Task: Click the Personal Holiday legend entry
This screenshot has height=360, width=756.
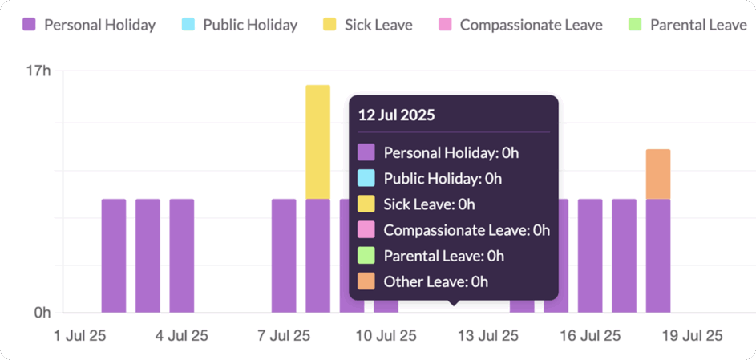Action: [x=89, y=25]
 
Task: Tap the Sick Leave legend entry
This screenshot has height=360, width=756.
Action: [x=368, y=25]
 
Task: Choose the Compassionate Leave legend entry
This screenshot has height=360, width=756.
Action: [x=520, y=25]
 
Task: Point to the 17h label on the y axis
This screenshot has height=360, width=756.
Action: [x=38, y=71]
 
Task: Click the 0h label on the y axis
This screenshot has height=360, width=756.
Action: [x=42, y=313]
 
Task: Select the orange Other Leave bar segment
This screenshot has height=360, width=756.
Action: [x=657, y=174]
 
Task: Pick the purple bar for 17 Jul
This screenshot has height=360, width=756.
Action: [x=624, y=256]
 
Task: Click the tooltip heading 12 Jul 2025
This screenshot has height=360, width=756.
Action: [x=396, y=115]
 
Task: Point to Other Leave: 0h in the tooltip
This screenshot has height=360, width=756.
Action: [x=435, y=281]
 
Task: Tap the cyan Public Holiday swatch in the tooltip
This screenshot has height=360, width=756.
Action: [x=366, y=178]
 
